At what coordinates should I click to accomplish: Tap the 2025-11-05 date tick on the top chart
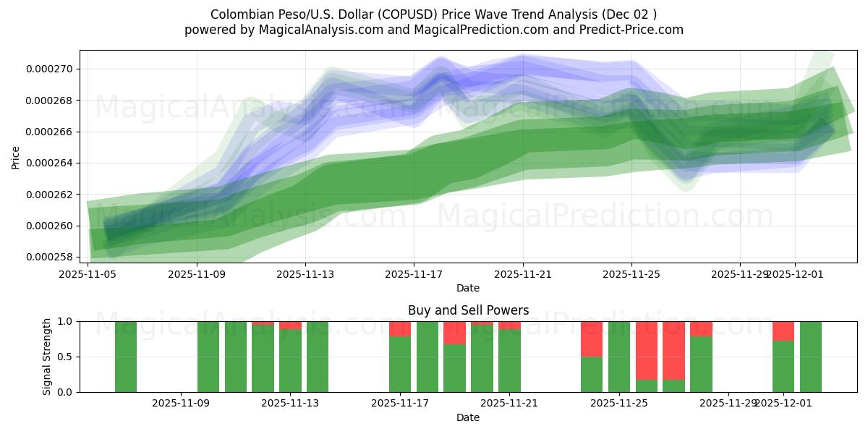coord(88,274)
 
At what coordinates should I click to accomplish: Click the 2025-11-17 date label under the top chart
coord(414,274)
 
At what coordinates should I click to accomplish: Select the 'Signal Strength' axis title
coord(47,357)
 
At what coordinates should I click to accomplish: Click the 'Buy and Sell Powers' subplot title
coord(468,310)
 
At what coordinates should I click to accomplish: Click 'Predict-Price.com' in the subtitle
coord(629,30)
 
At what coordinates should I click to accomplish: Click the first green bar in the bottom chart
coord(126,357)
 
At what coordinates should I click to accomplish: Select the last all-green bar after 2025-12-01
coord(811,357)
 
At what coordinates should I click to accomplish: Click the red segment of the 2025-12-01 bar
coord(783,331)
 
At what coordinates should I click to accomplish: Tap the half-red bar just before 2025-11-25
coord(592,339)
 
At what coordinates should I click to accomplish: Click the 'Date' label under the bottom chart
coord(468,417)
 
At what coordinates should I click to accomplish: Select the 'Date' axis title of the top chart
coord(468,288)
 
